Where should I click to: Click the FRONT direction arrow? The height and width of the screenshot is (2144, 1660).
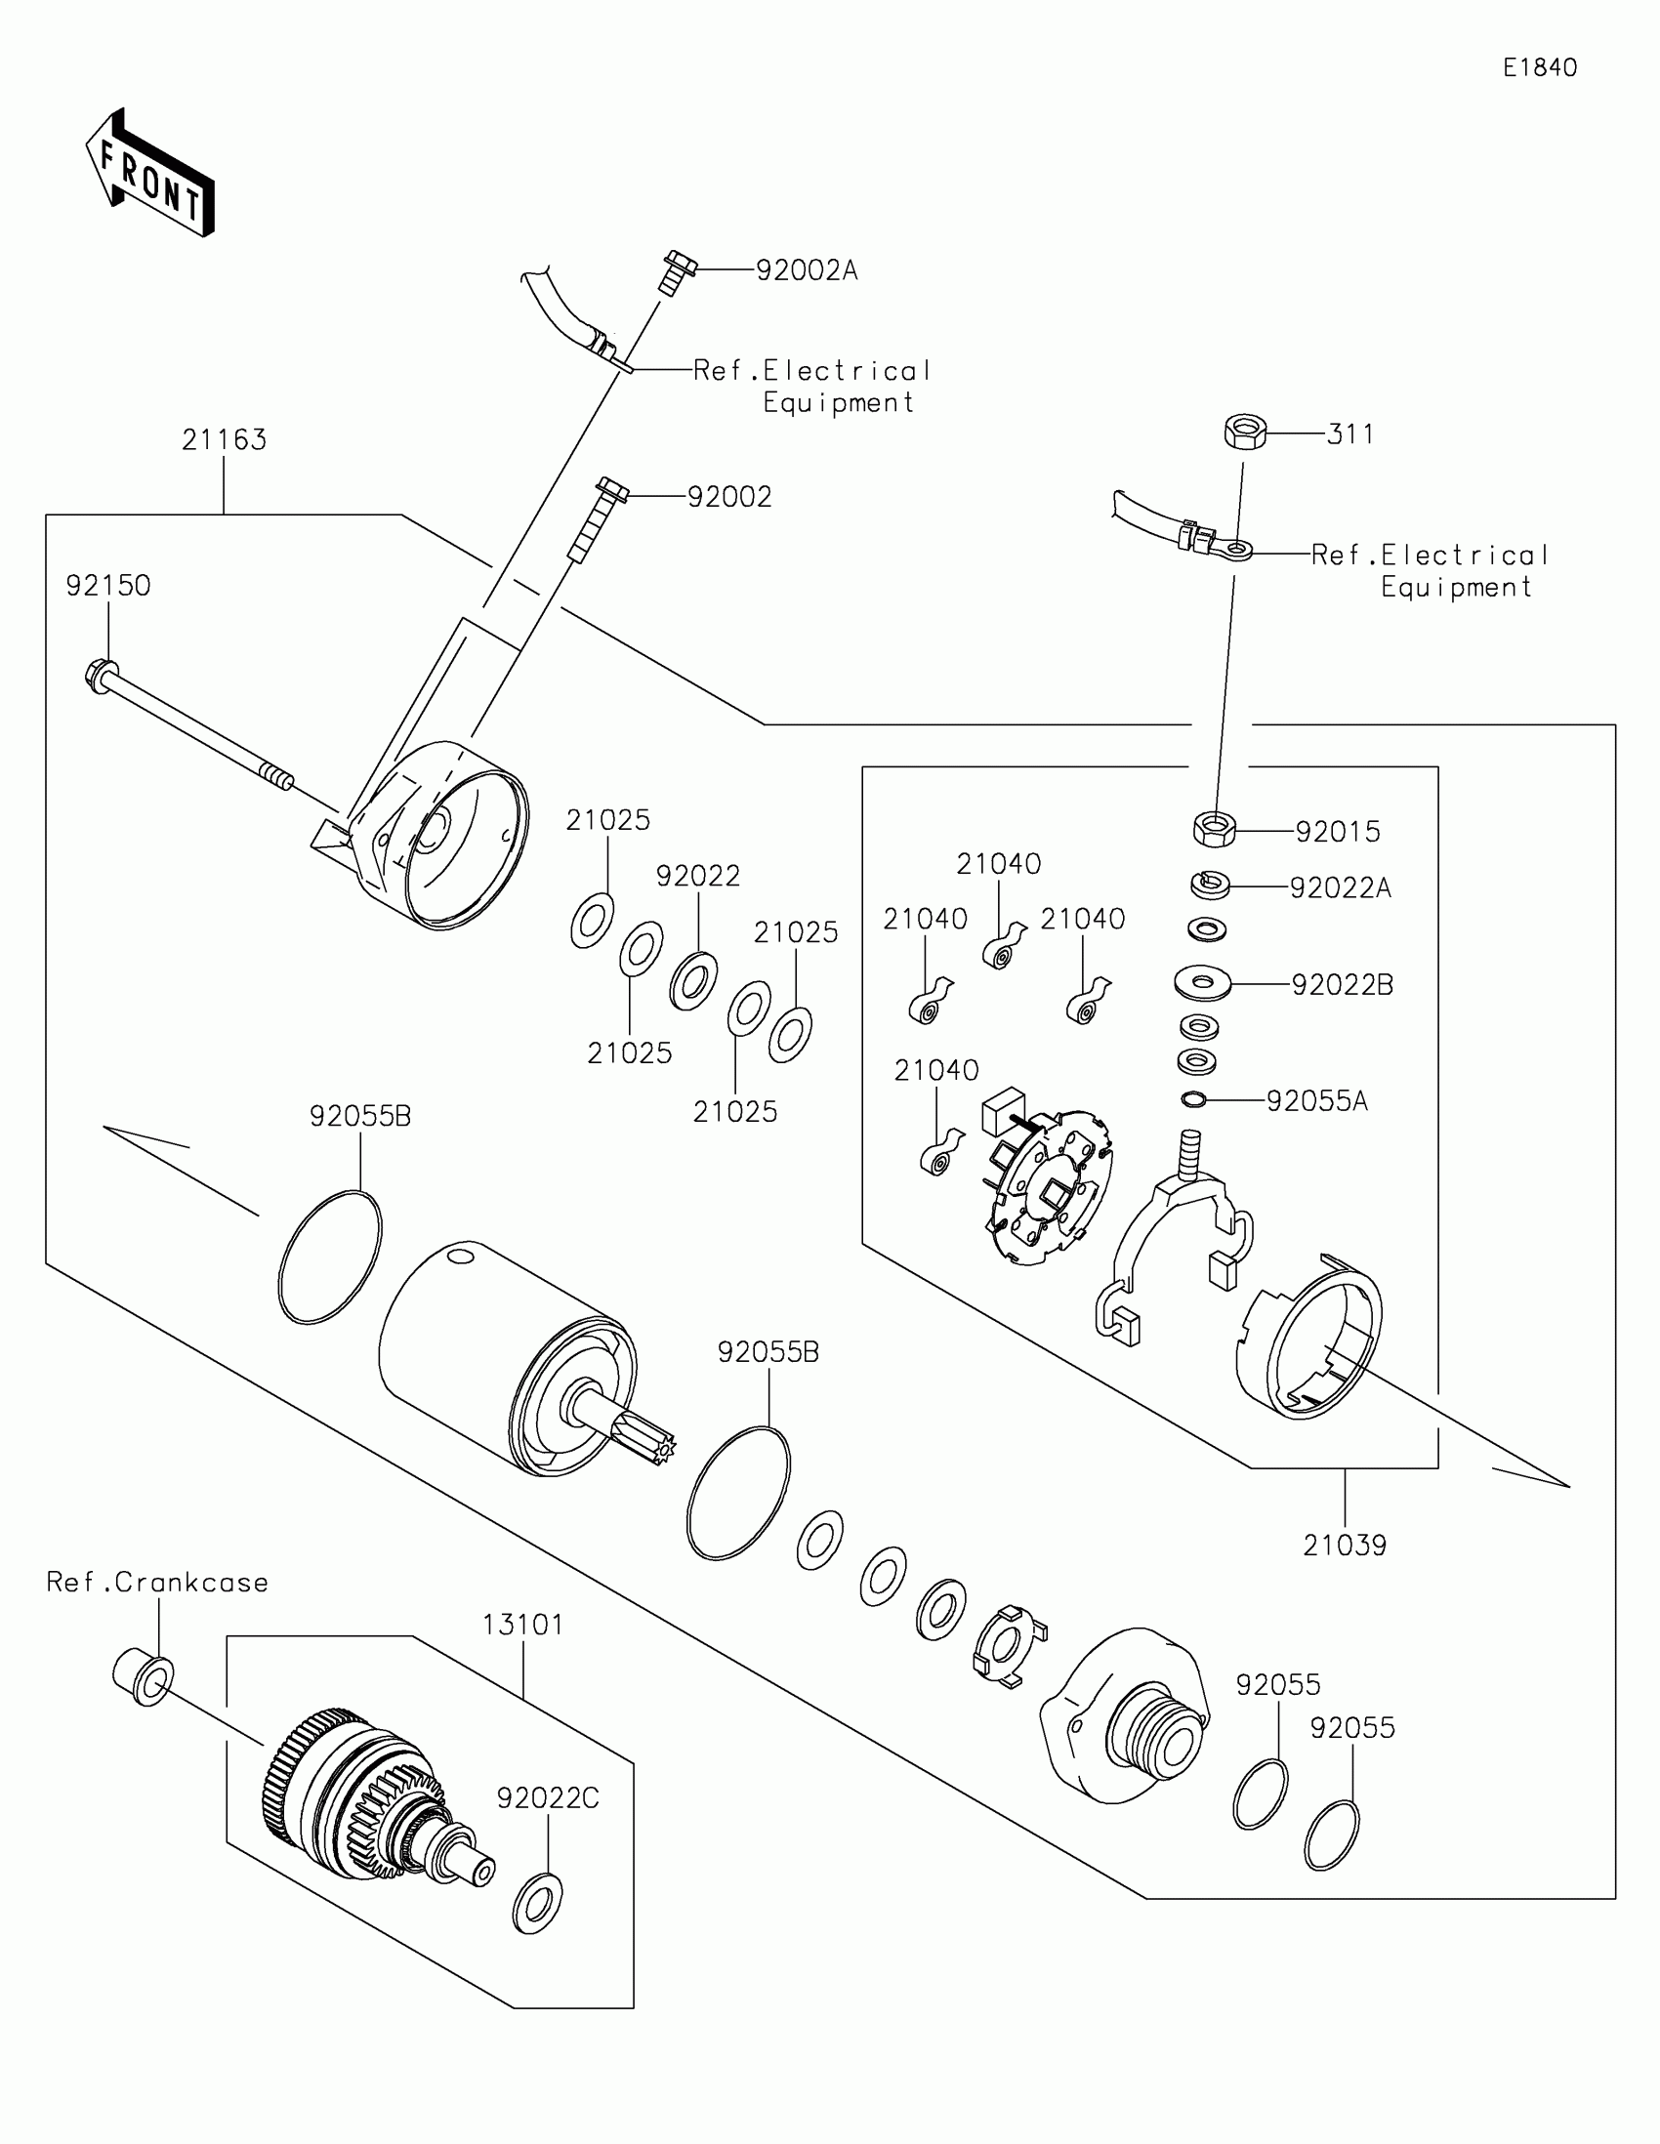[x=150, y=174]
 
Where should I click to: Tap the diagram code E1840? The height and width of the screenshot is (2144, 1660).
[x=1539, y=67]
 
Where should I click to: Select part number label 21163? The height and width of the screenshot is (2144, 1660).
[x=224, y=439]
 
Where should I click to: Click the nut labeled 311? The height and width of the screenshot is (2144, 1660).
[x=1245, y=432]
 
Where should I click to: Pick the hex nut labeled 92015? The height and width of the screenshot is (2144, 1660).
[x=1215, y=830]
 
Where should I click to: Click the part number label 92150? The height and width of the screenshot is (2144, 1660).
[x=108, y=586]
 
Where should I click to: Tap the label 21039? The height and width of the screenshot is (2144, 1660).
[x=1344, y=1546]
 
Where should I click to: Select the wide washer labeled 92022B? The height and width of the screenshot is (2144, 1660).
[x=1203, y=981]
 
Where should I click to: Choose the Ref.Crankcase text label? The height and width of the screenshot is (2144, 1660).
[x=157, y=1583]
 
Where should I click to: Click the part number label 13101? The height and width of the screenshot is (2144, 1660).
[x=522, y=1625]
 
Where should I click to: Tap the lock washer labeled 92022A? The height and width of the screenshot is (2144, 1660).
[x=1211, y=885]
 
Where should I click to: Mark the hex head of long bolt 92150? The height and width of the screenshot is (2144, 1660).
[x=100, y=675]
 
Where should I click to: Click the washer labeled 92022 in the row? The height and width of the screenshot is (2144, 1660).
[x=692, y=980]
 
